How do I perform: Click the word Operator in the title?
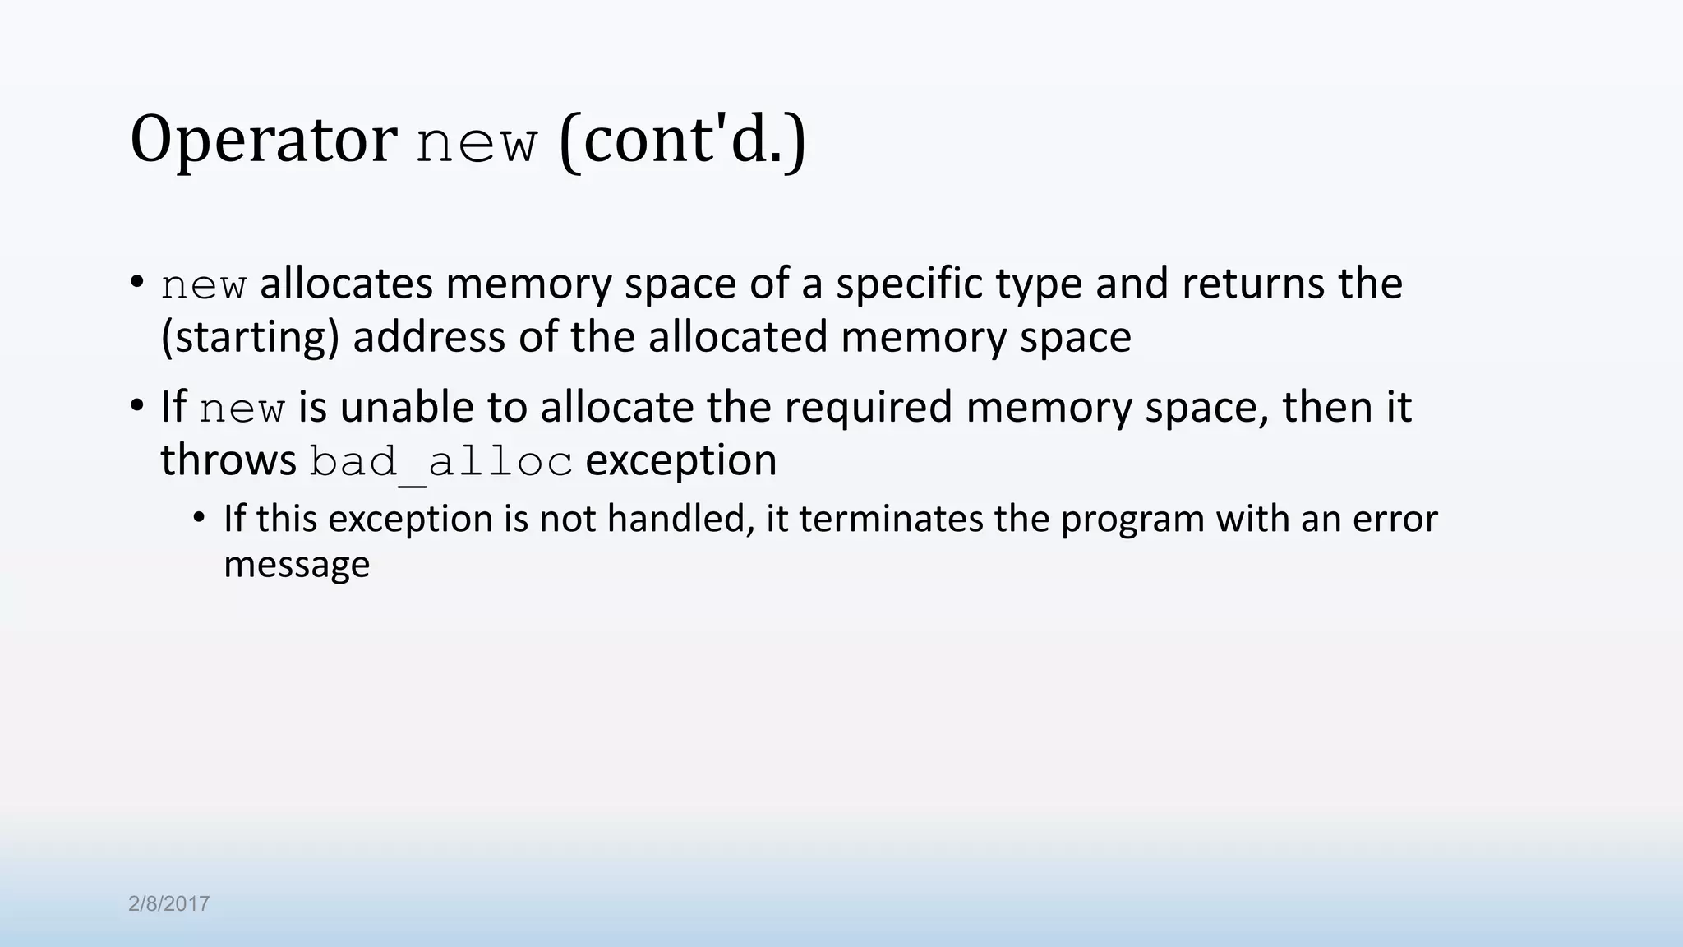click(263, 140)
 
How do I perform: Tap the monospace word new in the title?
click(477, 143)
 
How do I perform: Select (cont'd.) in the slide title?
click(682, 140)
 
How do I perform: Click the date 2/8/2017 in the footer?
click(169, 904)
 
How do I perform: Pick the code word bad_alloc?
click(440, 462)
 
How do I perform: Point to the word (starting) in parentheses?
click(250, 337)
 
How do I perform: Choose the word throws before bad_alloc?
click(228, 460)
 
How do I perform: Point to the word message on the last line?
click(297, 565)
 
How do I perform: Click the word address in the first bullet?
click(429, 337)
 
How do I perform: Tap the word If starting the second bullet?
click(173, 407)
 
